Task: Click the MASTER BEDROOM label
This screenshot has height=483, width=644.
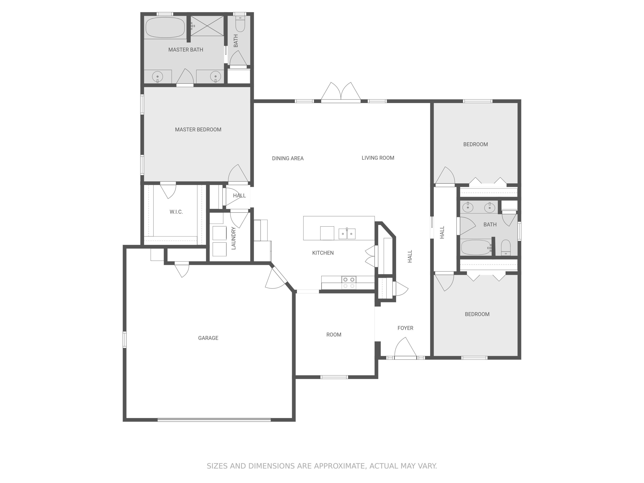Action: click(198, 130)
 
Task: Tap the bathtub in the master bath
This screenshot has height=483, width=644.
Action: click(165, 27)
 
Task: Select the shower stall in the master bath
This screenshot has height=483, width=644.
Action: click(207, 26)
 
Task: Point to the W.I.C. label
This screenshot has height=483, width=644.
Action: click(176, 212)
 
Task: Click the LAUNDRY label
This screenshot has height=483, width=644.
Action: click(234, 238)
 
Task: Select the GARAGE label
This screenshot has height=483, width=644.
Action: click(208, 338)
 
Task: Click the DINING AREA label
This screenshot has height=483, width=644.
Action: click(288, 158)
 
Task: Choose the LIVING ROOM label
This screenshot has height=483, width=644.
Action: click(378, 158)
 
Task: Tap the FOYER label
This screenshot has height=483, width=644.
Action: click(405, 328)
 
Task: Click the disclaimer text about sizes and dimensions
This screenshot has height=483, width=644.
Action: click(322, 466)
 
